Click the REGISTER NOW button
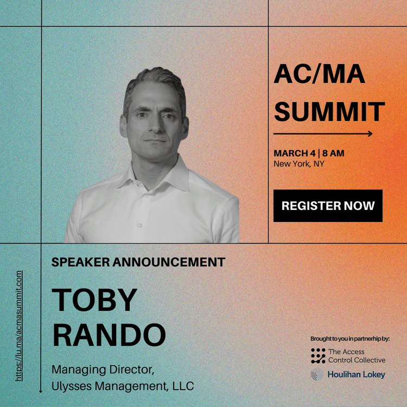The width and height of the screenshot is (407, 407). (x=328, y=206)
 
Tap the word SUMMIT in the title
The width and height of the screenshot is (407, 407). (x=329, y=112)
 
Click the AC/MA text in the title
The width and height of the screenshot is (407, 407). (x=319, y=74)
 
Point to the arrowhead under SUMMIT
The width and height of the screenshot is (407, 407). (x=370, y=134)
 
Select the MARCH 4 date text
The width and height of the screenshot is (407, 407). (x=295, y=154)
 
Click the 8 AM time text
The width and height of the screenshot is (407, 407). (x=333, y=154)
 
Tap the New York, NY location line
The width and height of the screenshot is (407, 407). (x=299, y=164)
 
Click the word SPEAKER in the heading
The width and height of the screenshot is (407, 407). (x=81, y=262)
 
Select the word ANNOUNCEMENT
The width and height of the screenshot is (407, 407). (x=169, y=262)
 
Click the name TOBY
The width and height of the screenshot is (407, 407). (x=94, y=300)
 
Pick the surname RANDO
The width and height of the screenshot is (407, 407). (x=109, y=335)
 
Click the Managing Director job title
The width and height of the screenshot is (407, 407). (x=103, y=370)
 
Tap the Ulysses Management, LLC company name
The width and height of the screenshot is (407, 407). (x=123, y=386)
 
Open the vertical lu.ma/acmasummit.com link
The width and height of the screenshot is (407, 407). (x=18, y=326)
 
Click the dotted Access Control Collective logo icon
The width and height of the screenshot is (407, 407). (x=318, y=355)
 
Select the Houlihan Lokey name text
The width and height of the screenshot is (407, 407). (x=356, y=374)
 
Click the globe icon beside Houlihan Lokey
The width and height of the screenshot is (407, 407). (x=317, y=374)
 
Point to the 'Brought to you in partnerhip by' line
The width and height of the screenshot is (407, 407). (x=350, y=339)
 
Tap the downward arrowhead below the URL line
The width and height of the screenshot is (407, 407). (x=41, y=391)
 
